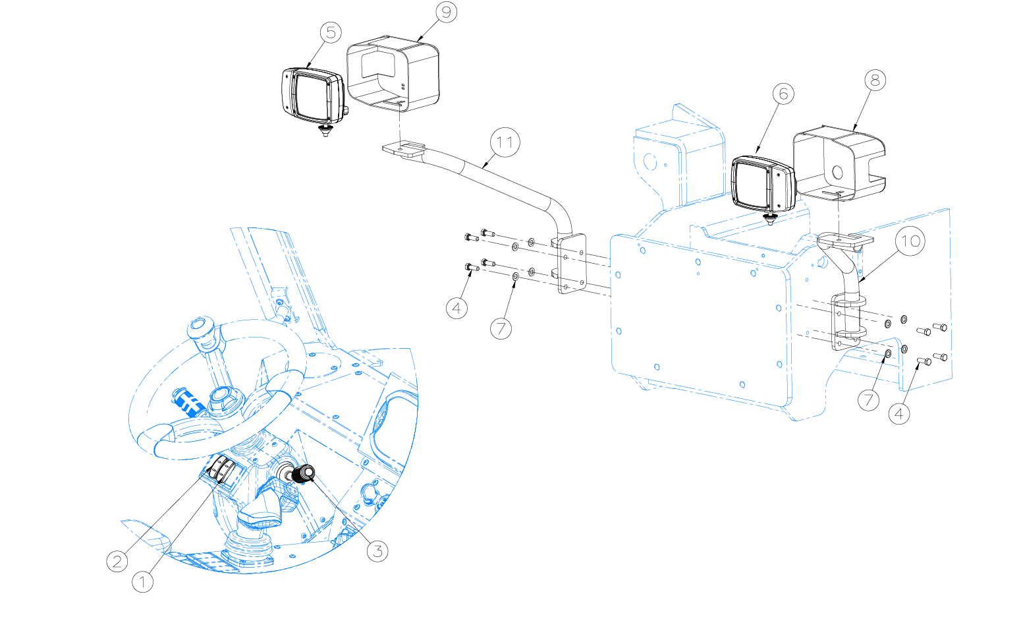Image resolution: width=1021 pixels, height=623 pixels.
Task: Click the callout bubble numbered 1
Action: coord(142,582)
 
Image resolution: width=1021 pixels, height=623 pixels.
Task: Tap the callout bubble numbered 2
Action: coord(117,561)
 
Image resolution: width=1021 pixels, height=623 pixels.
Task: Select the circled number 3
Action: coord(377,551)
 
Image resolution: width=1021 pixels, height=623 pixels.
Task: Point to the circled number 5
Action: coord(331,33)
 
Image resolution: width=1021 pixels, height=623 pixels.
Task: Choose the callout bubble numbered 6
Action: coord(783,94)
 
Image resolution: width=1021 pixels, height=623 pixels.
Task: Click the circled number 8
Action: coord(875,80)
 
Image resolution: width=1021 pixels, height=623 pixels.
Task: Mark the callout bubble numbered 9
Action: coord(446,12)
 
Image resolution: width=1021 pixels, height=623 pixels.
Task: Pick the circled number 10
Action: coord(910,241)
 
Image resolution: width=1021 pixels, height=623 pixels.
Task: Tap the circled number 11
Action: coord(505,142)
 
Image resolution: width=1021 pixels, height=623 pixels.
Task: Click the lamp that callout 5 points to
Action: coord(313,96)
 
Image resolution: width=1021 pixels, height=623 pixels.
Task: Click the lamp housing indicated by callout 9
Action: coord(393,73)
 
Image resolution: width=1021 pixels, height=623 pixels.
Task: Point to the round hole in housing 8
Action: coord(837,173)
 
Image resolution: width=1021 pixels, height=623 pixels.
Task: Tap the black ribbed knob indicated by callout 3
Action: coord(304,474)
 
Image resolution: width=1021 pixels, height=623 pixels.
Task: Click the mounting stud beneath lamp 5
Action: coord(325,131)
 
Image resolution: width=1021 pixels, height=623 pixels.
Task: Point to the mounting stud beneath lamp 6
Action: coord(771,219)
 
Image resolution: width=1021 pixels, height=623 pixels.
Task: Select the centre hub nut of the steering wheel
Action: coord(223,400)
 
